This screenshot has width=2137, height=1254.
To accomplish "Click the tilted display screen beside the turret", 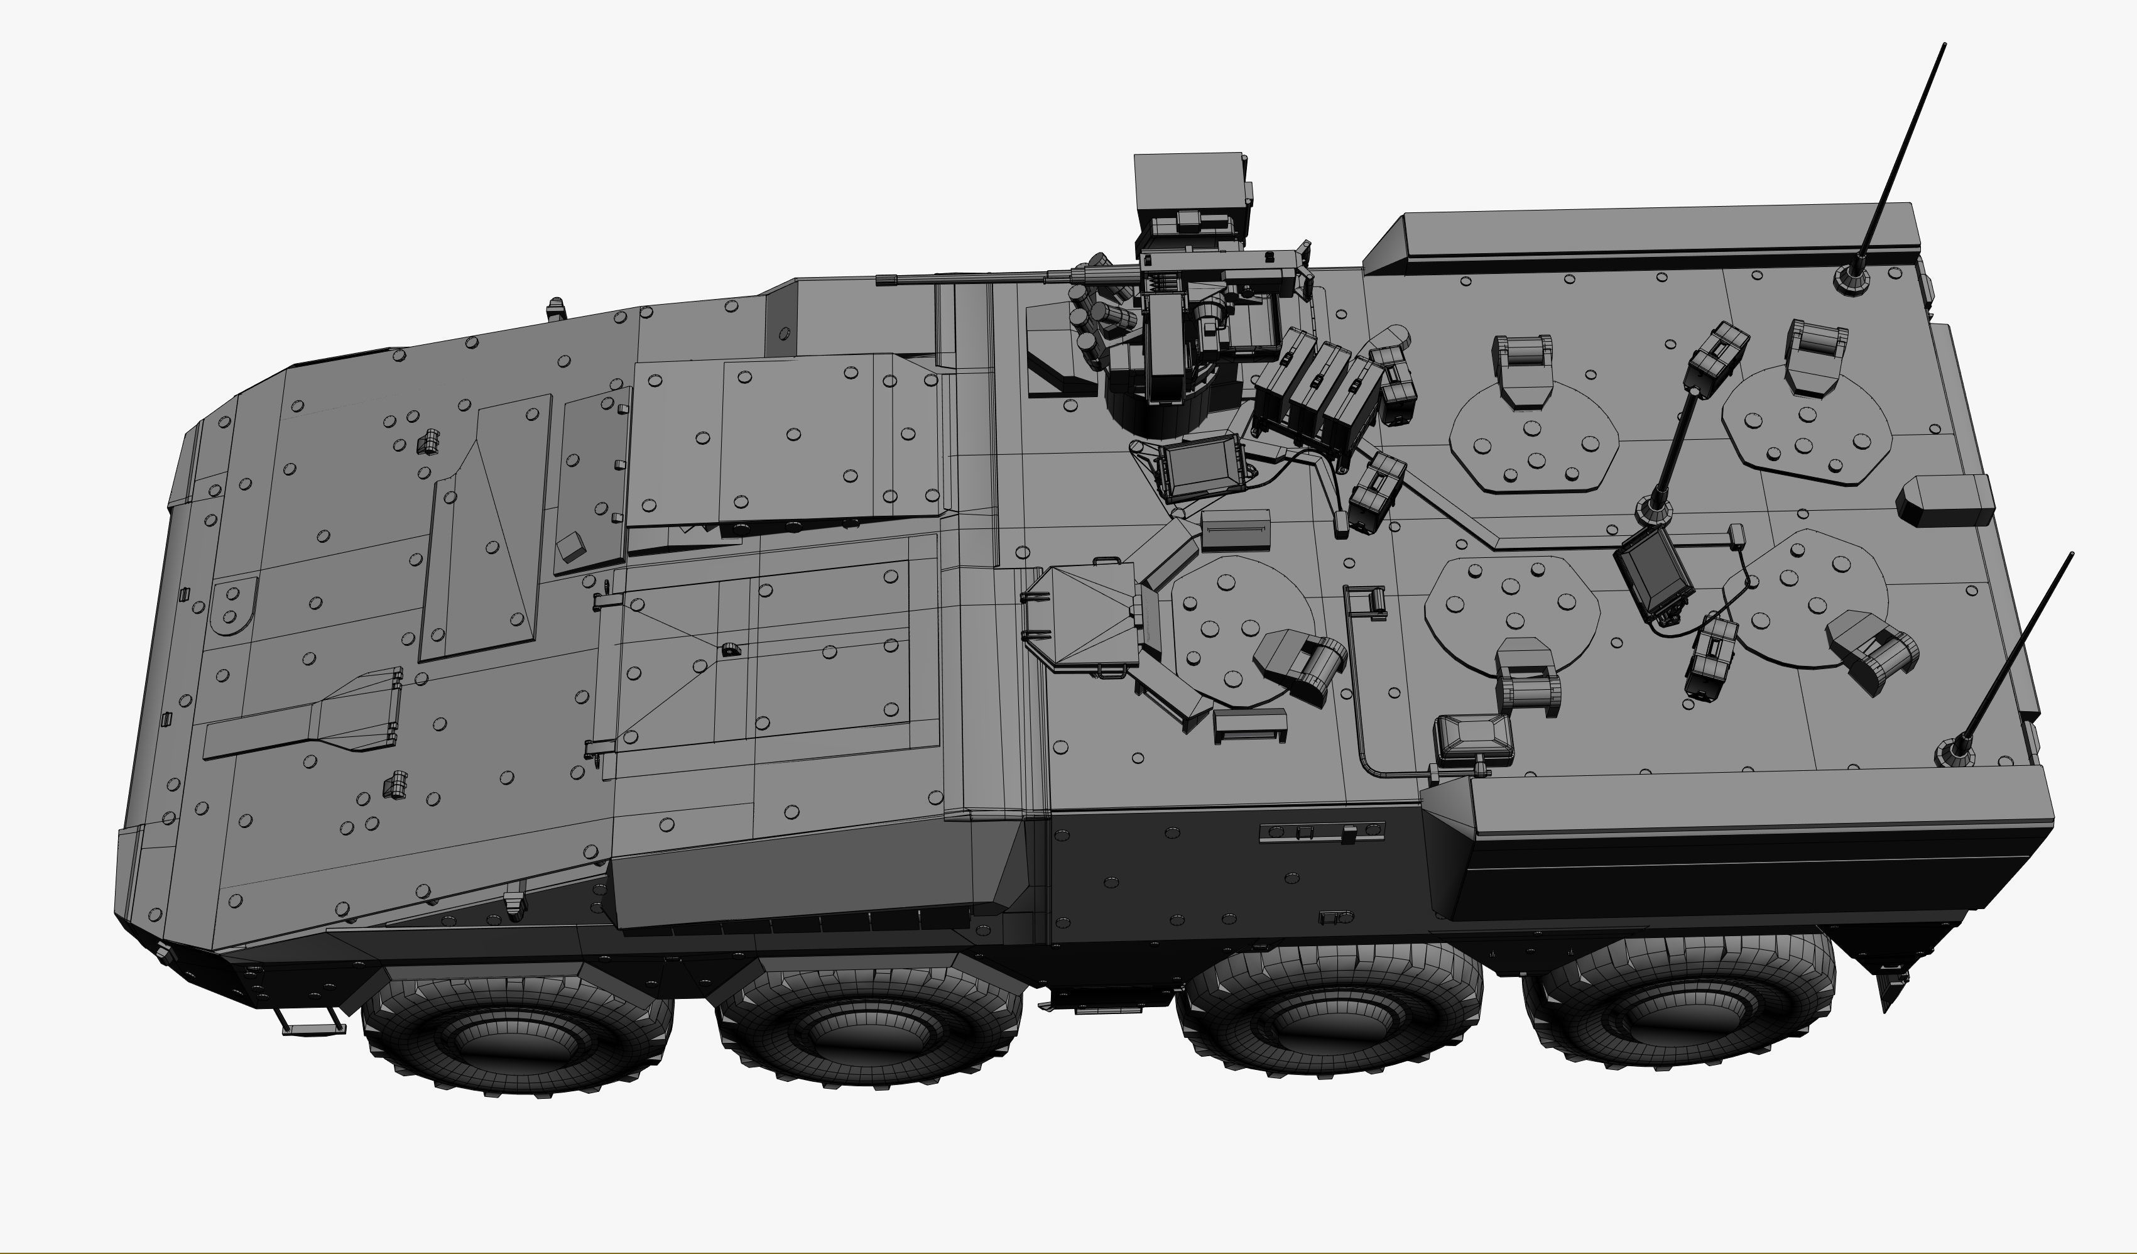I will click(x=1202, y=469).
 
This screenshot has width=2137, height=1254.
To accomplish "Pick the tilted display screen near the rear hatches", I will click(x=1652, y=572).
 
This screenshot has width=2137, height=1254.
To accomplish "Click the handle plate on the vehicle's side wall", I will click(x=1321, y=832).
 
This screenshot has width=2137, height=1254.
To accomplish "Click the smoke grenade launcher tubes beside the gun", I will click(x=1098, y=318).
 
